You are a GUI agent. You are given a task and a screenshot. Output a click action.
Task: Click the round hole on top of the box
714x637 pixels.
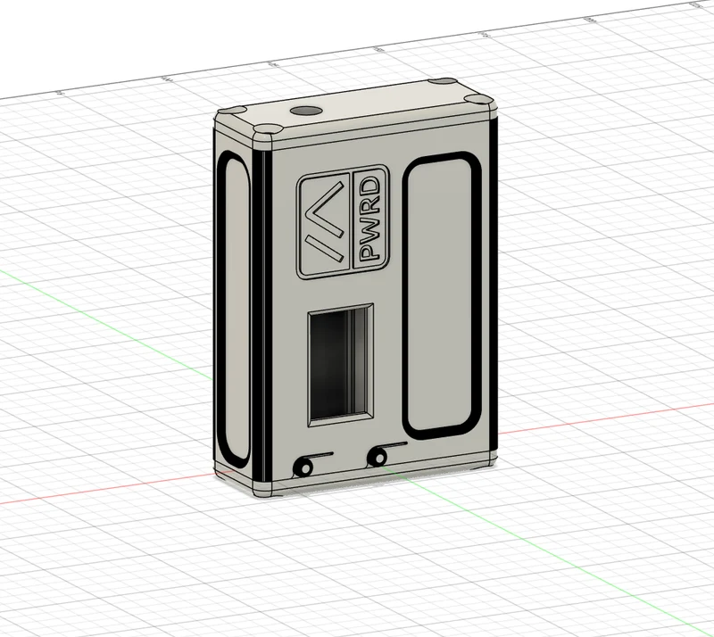click(x=305, y=111)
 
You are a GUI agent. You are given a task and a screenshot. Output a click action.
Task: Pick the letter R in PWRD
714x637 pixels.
click(x=369, y=207)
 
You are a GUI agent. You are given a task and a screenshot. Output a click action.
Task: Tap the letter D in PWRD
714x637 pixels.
click(x=369, y=186)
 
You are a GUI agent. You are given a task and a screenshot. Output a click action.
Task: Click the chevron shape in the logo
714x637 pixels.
click(x=324, y=223)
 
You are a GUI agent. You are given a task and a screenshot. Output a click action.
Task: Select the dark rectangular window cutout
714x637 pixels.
click(x=341, y=364)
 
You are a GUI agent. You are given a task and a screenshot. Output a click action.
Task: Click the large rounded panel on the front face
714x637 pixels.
click(x=442, y=295)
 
